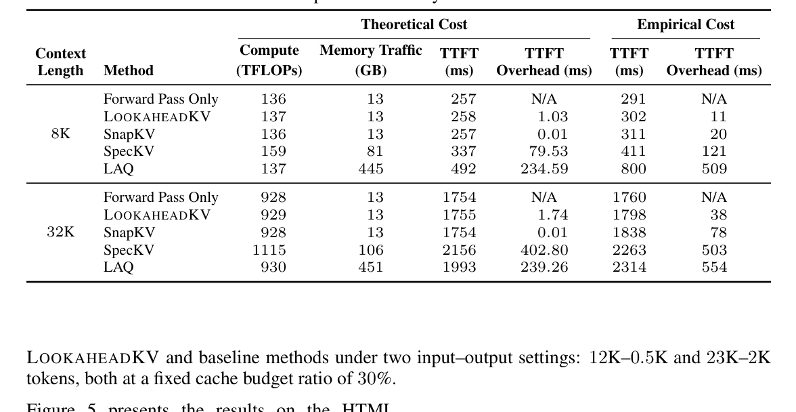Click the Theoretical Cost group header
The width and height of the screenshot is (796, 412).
pos(414,25)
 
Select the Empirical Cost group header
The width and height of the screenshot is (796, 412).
pos(685,25)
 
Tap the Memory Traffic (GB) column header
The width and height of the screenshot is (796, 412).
pos(370,60)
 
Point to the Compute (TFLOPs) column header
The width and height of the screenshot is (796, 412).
pos(269,60)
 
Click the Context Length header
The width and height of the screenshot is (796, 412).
pos(60,62)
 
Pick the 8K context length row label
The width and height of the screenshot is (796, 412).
pos(60,134)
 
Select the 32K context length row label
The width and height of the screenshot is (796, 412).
pos(60,232)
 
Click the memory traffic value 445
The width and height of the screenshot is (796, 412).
pos(370,169)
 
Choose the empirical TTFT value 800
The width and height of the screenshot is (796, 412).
pos(633,169)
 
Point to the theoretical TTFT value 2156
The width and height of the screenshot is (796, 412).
pos(459,250)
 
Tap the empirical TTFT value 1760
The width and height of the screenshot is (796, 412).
pos(629,197)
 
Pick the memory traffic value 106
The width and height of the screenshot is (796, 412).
pos(370,250)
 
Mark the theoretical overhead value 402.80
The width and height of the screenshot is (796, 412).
pos(544,250)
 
